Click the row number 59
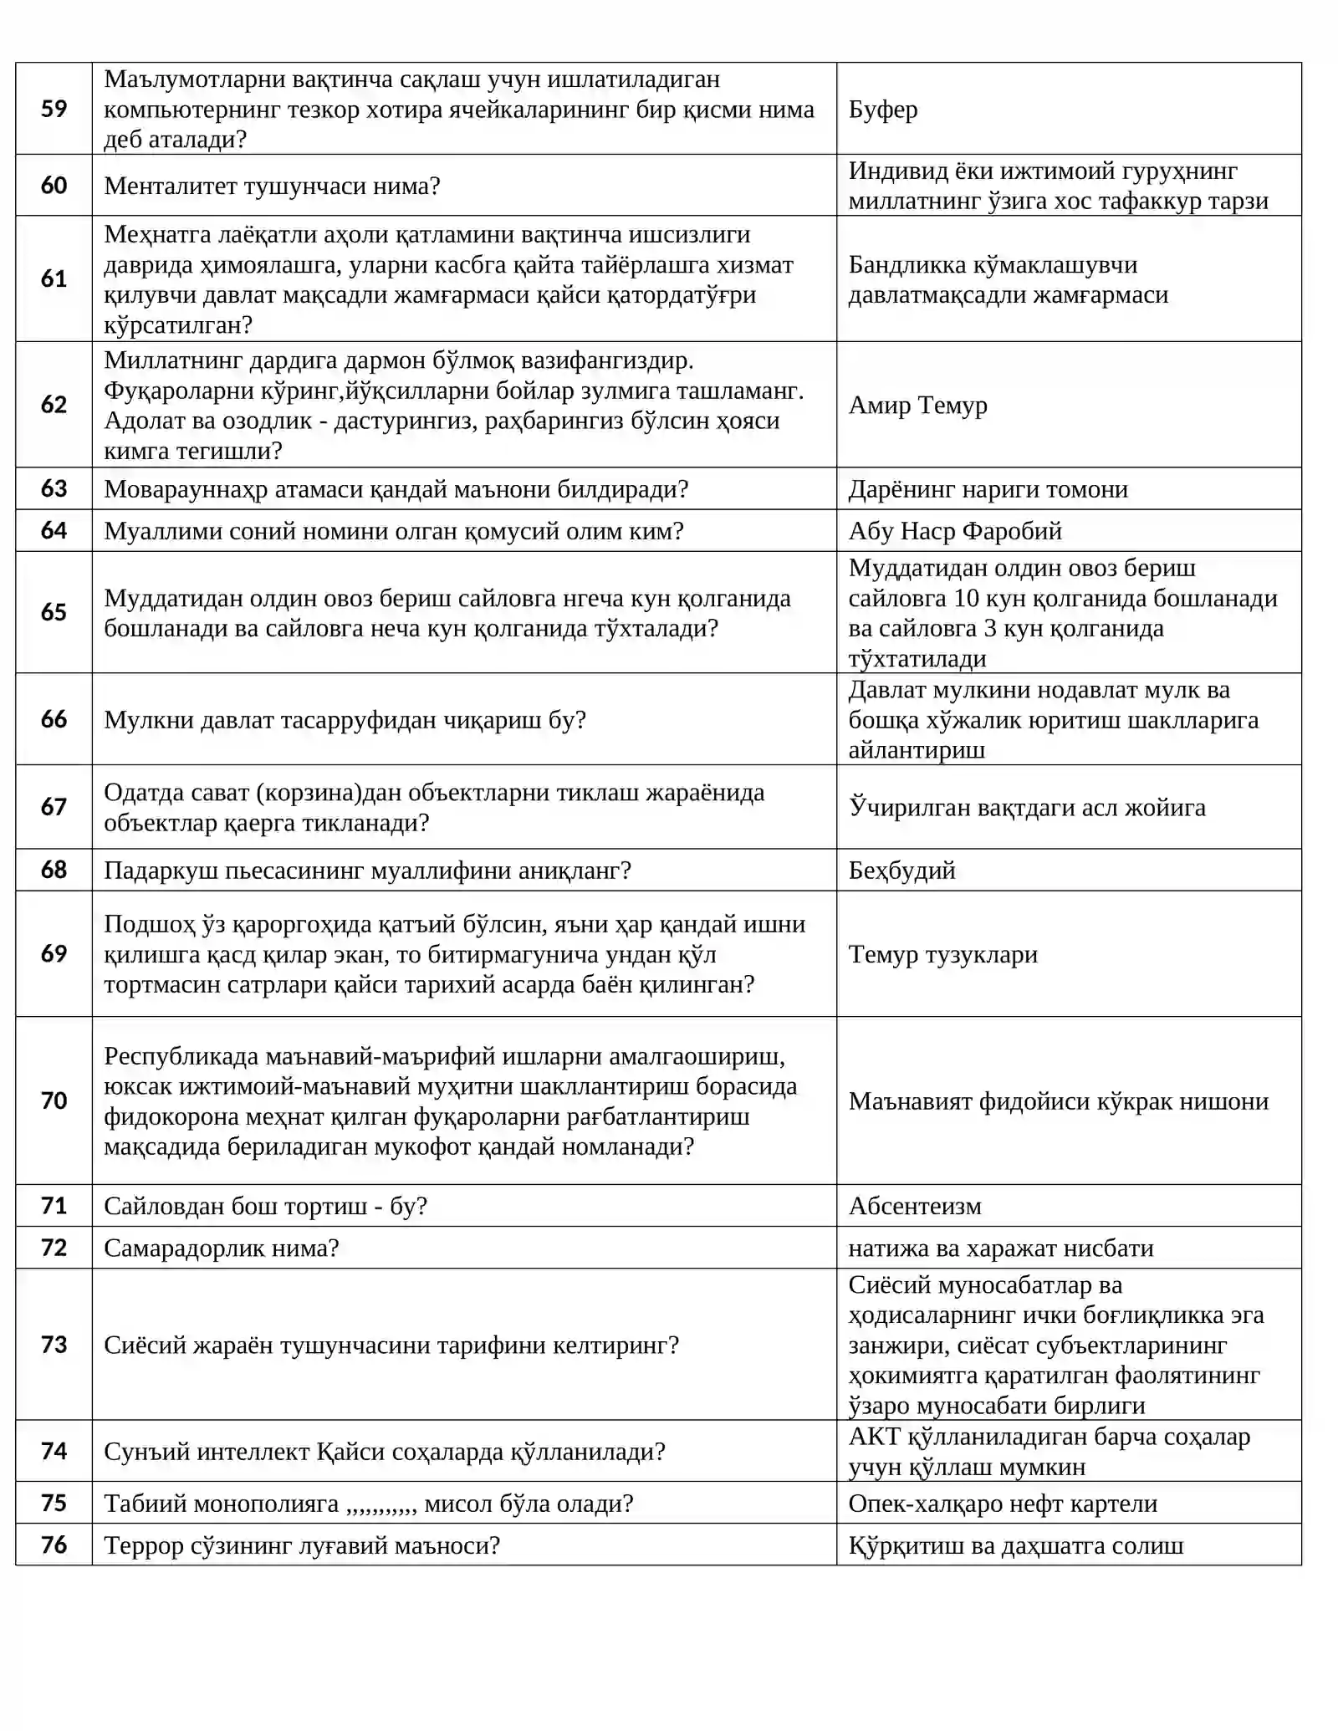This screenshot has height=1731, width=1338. [x=54, y=109]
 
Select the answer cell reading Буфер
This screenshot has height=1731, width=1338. [x=883, y=110]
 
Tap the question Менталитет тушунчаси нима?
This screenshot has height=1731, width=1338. [x=272, y=186]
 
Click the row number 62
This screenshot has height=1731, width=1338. [x=54, y=405]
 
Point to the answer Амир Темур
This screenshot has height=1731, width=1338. [x=917, y=406]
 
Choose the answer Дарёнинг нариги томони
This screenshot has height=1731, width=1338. [x=988, y=489]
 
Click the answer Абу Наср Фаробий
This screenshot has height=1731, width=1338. [x=955, y=531]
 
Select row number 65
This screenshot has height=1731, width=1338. [x=54, y=612]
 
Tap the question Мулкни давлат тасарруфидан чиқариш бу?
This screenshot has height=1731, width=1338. [x=345, y=720]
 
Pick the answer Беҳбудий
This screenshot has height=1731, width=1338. [x=901, y=871]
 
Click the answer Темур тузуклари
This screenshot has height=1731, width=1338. [x=942, y=954]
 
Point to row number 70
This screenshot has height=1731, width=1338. [x=54, y=1100]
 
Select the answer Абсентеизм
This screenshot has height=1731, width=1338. [x=915, y=1206]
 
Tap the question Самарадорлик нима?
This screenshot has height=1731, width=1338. [x=221, y=1248]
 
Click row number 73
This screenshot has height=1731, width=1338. [x=54, y=1345]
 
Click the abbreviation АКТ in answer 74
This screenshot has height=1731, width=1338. [x=874, y=1437]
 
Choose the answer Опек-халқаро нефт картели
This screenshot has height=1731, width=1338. [x=1003, y=1504]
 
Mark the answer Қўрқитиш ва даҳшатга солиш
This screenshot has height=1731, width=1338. [x=1016, y=1545]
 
